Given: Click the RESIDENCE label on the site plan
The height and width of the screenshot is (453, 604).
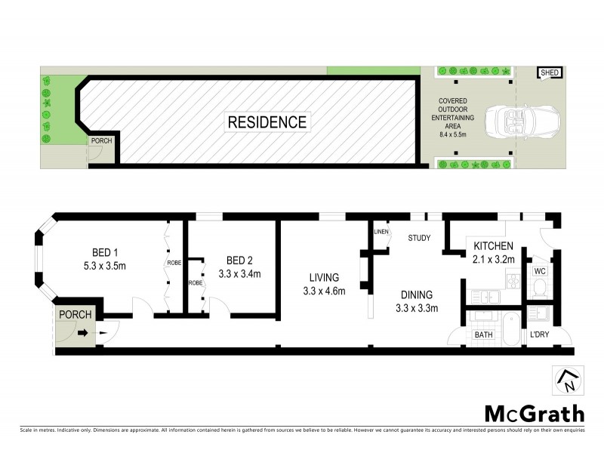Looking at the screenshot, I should click(x=268, y=122).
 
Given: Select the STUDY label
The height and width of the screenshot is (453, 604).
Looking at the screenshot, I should click(x=419, y=239).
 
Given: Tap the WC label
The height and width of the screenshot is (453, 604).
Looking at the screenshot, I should click(x=540, y=270).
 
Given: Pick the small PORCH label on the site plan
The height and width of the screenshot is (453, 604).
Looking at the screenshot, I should click(x=100, y=141).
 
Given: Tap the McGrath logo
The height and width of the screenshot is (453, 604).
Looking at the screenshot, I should click(x=534, y=413).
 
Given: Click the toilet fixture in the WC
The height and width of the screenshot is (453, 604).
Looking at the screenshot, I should click(x=538, y=286).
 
